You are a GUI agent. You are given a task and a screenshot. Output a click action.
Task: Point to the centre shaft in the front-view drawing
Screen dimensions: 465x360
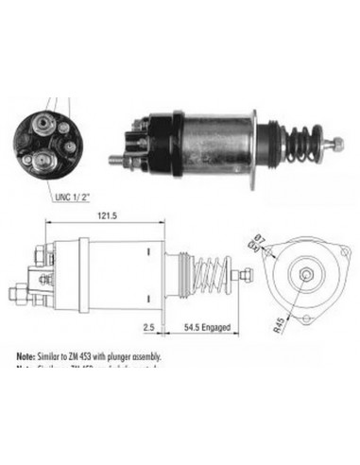pos(309,274)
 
